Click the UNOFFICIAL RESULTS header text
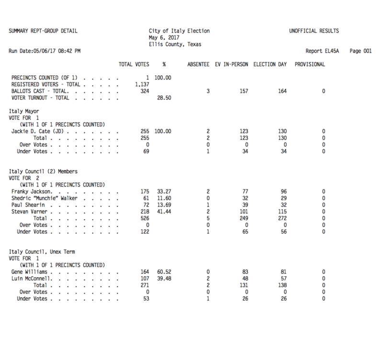click(x=314, y=31)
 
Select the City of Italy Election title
click(x=179, y=31)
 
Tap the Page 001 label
click(x=361, y=50)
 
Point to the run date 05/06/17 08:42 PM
click(x=45, y=50)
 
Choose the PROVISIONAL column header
click(x=310, y=64)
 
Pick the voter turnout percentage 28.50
click(x=165, y=98)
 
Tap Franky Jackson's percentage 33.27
click(x=165, y=191)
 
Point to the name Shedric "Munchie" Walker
click(x=47, y=198)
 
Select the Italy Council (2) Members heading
click(x=44, y=171)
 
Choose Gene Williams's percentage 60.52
click(x=165, y=272)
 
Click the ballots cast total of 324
click(x=143, y=91)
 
